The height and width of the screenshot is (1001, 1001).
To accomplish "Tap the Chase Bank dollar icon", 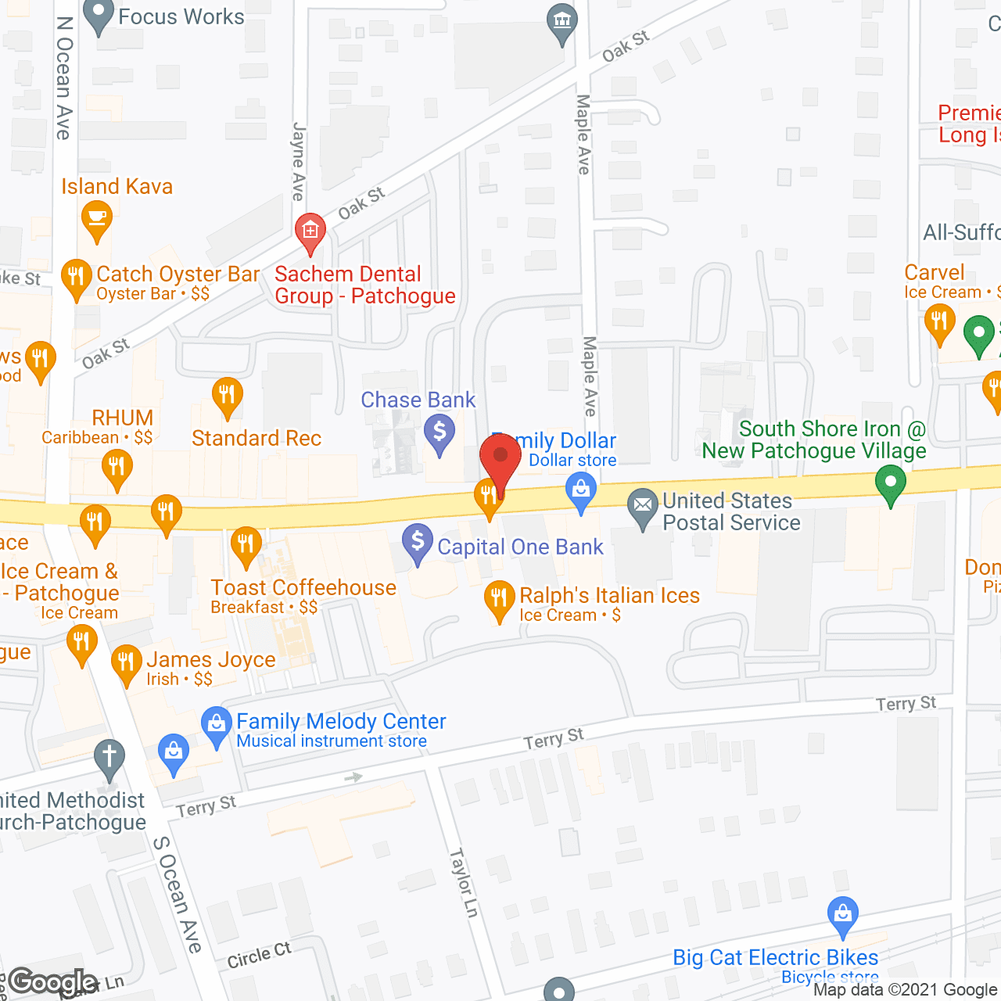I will tap(440, 431).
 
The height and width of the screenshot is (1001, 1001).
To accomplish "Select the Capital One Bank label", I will tap(520, 547).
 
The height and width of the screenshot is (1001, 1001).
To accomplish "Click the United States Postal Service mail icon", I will tap(643, 505).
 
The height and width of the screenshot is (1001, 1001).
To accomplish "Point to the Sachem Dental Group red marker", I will tap(310, 231).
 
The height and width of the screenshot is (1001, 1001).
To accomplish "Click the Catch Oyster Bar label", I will tap(178, 274).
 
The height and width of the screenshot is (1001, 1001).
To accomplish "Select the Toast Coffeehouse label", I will tap(303, 588).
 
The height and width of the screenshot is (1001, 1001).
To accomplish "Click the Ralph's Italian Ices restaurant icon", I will tap(499, 598).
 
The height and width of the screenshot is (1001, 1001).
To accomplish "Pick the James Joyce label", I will tap(211, 661).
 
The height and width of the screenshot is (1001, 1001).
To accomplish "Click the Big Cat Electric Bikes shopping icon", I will tap(842, 913).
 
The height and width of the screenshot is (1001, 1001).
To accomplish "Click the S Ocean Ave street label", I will tap(178, 894).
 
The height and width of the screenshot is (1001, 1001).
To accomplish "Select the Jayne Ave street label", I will tap(298, 161).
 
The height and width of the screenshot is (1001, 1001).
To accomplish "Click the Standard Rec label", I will tap(257, 439).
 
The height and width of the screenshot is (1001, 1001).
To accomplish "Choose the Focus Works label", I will tap(181, 17).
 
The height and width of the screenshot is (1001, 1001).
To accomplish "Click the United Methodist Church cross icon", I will tap(109, 758).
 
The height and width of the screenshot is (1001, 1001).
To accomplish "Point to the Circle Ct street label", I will tap(259, 956).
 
